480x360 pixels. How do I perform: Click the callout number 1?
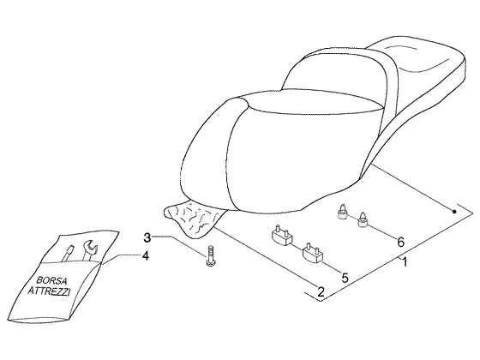point(404,262)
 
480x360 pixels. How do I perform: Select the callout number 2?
point(321,291)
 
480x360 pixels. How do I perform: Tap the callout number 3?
point(147,237)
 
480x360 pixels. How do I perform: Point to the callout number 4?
point(146,256)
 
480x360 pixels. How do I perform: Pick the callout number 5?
point(345,278)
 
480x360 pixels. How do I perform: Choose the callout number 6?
point(401,242)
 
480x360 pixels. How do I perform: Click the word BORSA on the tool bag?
point(51,280)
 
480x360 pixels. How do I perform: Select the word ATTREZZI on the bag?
point(49,291)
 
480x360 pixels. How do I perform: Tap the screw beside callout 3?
point(210,255)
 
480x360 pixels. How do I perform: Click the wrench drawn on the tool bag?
point(89,249)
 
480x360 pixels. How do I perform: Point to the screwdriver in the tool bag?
point(68,253)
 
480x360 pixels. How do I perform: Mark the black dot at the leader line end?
point(454,212)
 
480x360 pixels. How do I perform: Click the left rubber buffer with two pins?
point(282,235)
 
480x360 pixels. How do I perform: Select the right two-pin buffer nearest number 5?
point(313,253)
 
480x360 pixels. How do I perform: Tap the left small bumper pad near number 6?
point(342,212)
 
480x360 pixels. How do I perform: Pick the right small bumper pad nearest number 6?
point(363,219)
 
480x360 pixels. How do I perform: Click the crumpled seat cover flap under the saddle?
point(194,218)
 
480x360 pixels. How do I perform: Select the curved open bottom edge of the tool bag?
point(39,319)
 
